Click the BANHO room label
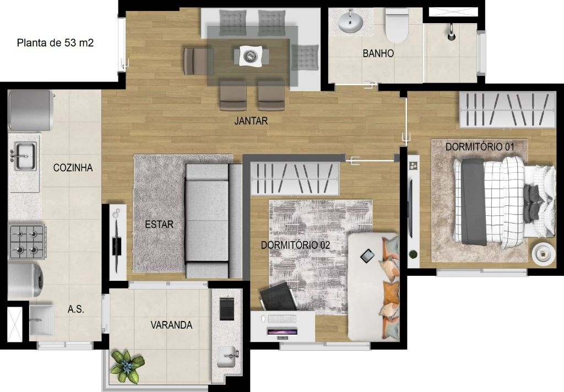click(x=378, y=53)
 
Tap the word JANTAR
click(x=251, y=121)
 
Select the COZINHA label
click(x=73, y=167)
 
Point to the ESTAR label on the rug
click(x=159, y=225)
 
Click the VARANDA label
click(x=171, y=325)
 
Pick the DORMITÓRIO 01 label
click(x=480, y=147)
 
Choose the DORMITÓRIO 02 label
click(x=295, y=245)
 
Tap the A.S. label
click(x=76, y=309)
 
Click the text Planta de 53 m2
click(x=55, y=43)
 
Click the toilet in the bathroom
click(x=397, y=25)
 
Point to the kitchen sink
click(x=25, y=156)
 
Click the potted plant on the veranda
click(x=127, y=366)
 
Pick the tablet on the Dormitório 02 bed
click(x=367, y=255)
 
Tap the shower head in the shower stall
click(x=451, y=32)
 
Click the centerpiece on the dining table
click(x=251, y=56)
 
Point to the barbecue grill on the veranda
click(x=226, y=309)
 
